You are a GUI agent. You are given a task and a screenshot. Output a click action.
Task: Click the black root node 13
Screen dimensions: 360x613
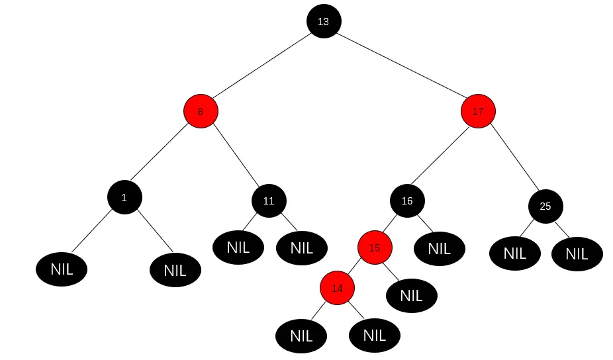click(323, 21)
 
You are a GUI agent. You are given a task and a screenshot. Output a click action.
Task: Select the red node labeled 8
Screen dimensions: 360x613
click(201, 112)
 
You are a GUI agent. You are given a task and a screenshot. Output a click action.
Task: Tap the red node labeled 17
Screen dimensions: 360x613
click(478, 112)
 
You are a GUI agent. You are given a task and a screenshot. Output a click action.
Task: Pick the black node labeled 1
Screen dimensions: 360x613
click(124, 197)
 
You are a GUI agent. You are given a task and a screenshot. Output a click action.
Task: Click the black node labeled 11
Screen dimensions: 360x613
click(269, 201)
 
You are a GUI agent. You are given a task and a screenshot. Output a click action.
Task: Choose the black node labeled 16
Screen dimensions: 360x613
click(407, 201)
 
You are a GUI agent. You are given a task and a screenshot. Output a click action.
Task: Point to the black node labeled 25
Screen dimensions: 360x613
click(545, 206)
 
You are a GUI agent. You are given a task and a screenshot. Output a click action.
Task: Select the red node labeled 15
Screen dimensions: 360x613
click(375, 247)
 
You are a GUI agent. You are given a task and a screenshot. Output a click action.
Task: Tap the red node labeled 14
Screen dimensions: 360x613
click(337, 289)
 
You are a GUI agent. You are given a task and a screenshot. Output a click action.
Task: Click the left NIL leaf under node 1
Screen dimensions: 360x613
click(62, 269)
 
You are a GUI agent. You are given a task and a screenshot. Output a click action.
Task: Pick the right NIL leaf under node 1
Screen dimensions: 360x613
click(175, 270)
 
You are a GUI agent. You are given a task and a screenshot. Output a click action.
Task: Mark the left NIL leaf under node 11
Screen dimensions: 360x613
click(238, 247)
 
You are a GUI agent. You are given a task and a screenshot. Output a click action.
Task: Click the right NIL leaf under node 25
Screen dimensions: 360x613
click(577, 253)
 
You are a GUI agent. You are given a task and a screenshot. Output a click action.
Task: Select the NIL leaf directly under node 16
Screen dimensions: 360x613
click(439, 249)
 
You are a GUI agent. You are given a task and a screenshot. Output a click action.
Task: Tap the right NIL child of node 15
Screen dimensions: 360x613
click(411, 295)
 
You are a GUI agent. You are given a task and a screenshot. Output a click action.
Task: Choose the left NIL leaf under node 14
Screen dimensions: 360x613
click(301, 336)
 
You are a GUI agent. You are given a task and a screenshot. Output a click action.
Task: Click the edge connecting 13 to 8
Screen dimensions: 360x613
click(261, 66)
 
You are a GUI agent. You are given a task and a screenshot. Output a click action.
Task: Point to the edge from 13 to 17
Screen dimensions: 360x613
click(401, 66)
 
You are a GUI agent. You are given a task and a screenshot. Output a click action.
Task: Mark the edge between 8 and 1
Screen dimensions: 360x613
click(163, 154)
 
